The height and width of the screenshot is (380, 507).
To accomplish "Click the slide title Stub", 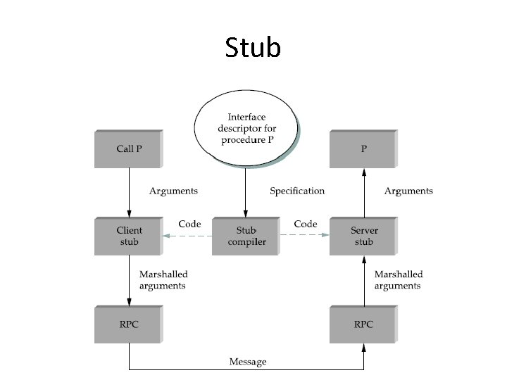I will click(x=253, y=47).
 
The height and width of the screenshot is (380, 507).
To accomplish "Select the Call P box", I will click(x=128, y=148).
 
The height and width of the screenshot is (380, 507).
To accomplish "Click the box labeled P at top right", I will click(x=363, y=148).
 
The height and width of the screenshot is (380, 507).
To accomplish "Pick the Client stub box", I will click(x=128, y=236).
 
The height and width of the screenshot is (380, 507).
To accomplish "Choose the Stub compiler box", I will click(x=246, y=236).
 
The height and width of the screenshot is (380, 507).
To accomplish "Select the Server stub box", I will click(x=363, y=236).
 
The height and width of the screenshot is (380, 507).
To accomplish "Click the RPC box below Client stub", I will click(x=128, y=324).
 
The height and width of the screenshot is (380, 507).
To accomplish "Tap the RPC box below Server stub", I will click(x=363, y=324).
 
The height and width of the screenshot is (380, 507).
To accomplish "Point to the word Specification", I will click(x=297, y=191).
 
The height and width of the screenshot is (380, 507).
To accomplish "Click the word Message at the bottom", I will click(x=248, y=362).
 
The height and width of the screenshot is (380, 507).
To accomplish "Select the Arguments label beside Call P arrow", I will click(x=173, y=191).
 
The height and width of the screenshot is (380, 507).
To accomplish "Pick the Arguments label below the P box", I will click(x=408, y=191).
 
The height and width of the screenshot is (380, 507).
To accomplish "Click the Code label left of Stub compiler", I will click(x=189, y=224).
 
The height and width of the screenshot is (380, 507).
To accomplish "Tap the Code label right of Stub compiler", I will click(x=306, y=224).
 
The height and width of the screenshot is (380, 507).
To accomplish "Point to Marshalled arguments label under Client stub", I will click(x=163, y=280).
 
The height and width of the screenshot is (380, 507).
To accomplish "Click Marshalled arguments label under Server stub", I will click(x=399, y=280).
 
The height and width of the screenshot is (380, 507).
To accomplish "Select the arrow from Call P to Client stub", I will click(x=128, y=192).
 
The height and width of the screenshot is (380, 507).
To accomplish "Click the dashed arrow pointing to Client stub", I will click(x=187, y=236).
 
